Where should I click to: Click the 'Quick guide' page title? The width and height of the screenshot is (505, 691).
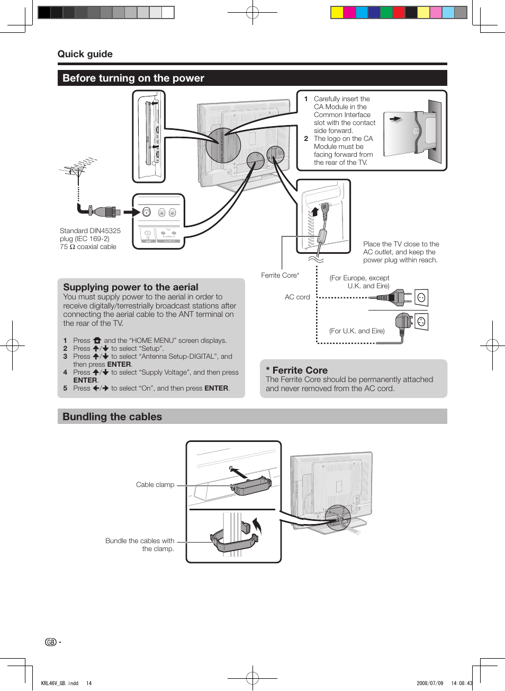click(85, 54)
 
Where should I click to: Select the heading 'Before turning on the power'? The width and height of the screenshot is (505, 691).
click(133, 78)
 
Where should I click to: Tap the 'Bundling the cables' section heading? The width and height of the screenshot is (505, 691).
click(112, 417)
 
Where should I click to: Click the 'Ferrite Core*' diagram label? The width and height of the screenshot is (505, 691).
click(279, 276)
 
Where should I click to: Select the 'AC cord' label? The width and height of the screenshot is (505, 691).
click(297, 297)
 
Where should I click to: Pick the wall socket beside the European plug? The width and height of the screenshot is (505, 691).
click(421, 298)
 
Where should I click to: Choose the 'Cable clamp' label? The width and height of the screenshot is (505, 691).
click(155, 485)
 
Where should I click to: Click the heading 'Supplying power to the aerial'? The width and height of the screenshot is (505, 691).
click(130, 287)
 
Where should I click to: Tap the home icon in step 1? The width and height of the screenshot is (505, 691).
click(97, 341)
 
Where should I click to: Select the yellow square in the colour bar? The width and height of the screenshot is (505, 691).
click(337, 13)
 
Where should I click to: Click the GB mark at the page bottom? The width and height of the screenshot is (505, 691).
click(51, 642)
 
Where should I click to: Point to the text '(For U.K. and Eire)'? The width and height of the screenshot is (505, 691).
click(357, 331)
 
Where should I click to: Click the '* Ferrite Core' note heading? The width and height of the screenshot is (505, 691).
click(296, 370)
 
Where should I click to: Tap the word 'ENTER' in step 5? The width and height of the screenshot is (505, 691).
click(217, 388)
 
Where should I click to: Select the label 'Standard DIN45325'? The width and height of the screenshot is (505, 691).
click(90, 231)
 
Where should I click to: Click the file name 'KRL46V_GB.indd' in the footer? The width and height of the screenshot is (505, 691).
click(60, 683)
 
